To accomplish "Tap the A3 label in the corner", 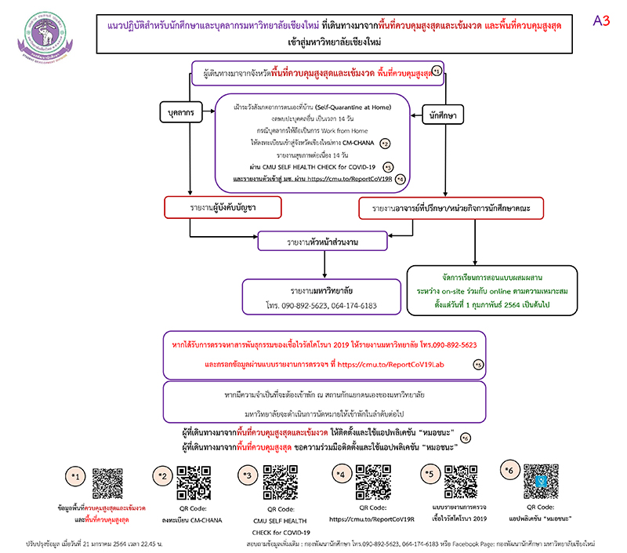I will (600, 21).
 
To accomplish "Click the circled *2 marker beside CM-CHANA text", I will (384, 144).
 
